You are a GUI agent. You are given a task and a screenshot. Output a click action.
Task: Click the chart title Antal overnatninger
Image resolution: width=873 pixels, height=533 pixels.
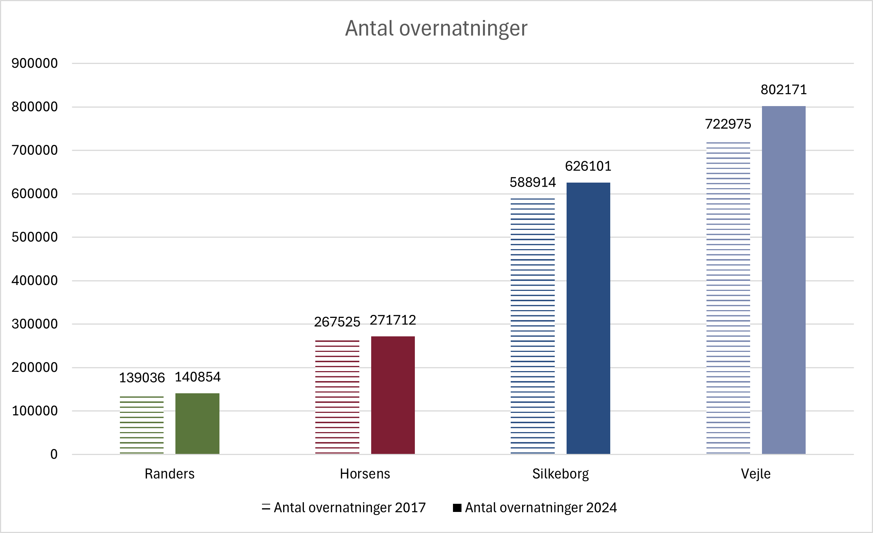pos(436,28)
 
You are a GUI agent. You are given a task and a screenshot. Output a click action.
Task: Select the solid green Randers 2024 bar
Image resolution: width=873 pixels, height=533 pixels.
pos(197,424)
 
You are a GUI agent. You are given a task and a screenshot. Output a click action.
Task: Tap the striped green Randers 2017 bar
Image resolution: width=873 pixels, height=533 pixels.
pos(142,425)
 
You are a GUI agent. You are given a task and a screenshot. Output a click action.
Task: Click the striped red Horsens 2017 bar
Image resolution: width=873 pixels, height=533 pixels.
pos(337,397)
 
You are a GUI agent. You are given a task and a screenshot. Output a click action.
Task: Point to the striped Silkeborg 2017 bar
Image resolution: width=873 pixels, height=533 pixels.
pos(533,326)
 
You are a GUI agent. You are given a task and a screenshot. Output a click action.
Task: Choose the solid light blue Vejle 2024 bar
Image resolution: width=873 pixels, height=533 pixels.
pos(783,280)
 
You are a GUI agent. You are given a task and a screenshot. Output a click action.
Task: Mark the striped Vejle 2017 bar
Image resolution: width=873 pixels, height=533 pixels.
pos(728,298)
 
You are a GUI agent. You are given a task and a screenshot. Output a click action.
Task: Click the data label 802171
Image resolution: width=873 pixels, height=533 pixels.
pos(783,90)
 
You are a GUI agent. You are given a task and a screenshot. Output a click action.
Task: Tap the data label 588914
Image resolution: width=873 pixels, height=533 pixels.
pos(533,182)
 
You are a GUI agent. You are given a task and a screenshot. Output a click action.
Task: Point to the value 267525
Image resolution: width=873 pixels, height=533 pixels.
pos(337,322)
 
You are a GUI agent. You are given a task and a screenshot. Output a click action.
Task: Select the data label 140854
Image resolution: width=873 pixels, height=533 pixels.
pos(197,377)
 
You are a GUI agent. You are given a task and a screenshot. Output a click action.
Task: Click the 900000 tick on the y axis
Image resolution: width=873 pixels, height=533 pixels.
pos(34,63)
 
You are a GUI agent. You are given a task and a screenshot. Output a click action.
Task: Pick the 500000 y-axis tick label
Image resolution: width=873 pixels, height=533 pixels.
pos(34,237)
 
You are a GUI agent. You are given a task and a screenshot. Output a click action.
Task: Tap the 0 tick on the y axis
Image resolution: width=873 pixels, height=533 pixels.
pos(54,454)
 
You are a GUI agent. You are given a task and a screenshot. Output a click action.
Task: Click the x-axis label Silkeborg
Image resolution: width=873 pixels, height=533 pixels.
pos(560,474)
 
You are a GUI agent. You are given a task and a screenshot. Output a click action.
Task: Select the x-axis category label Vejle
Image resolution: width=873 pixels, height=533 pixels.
pos(756,474)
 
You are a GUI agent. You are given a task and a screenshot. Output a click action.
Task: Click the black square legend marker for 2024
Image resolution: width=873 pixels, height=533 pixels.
pos(457,508)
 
